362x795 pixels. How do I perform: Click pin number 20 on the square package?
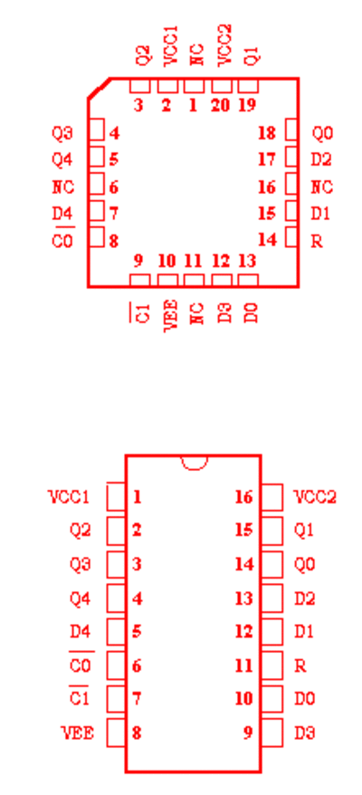pyautogui.click(x=221, y=105)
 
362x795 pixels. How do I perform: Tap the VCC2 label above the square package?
pyautogui.click(x=224, y=44)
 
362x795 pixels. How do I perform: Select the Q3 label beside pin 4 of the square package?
pyautogui.click(x=62, y=133)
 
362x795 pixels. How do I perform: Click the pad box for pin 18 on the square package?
pyautogui.click(x=291, y=129)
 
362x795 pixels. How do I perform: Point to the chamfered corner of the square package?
pyautogui.click(x=100, y=88)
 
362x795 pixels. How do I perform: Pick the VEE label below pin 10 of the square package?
pyautogui.click(x=172, y=315)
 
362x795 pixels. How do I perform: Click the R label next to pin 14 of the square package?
pyautogui.click(x=317, y=242)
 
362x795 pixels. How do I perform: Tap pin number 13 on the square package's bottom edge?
pyautogui.click(x=247, y=261)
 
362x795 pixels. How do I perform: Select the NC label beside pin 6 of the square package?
pyautogui.click(x=62, y=187)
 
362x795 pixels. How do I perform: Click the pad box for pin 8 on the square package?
pyautogui.click(x=97, y=236)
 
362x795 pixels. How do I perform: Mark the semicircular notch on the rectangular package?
pyautogui.click(x=194, y=463)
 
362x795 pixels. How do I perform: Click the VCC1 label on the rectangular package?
pyautogui.click(x=69, y=497)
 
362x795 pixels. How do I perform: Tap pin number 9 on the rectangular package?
pyautogui.click(x=247, y=733)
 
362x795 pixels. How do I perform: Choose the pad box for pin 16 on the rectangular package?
pyautogui.click(x=272, y=497)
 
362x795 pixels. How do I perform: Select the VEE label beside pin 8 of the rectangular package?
pyautogui.click(x=78, y=733)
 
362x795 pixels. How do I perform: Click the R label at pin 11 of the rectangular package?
pyautogui.click(x=300, y=666)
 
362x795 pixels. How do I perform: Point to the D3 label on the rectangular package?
pyautogui.click(x=305, y=733)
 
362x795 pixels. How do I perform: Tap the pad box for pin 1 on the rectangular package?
pyautogui.click(x=116, y=497)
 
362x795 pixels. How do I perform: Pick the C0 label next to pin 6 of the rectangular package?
pyautogui.click(x=80, y=666)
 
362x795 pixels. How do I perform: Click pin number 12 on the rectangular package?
pyautogui.click(x=243, y=632)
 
